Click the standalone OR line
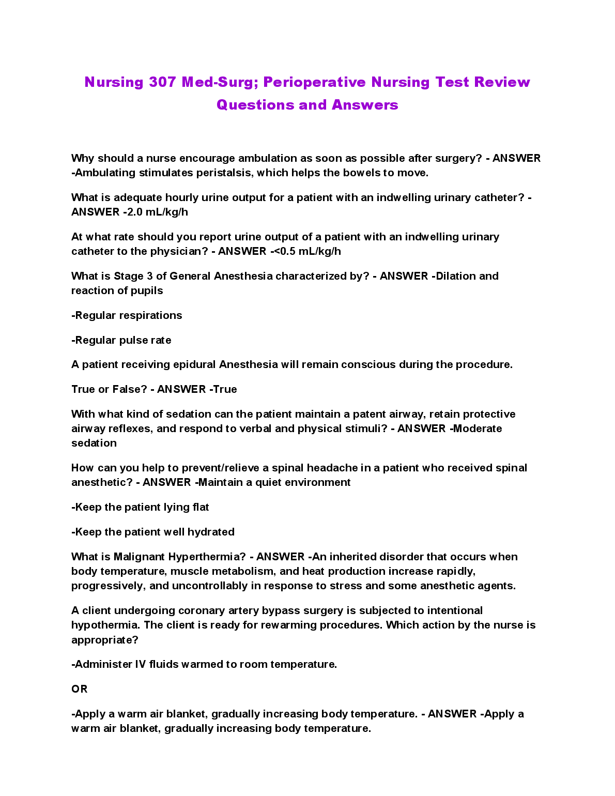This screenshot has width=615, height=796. [x=80, y=689]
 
